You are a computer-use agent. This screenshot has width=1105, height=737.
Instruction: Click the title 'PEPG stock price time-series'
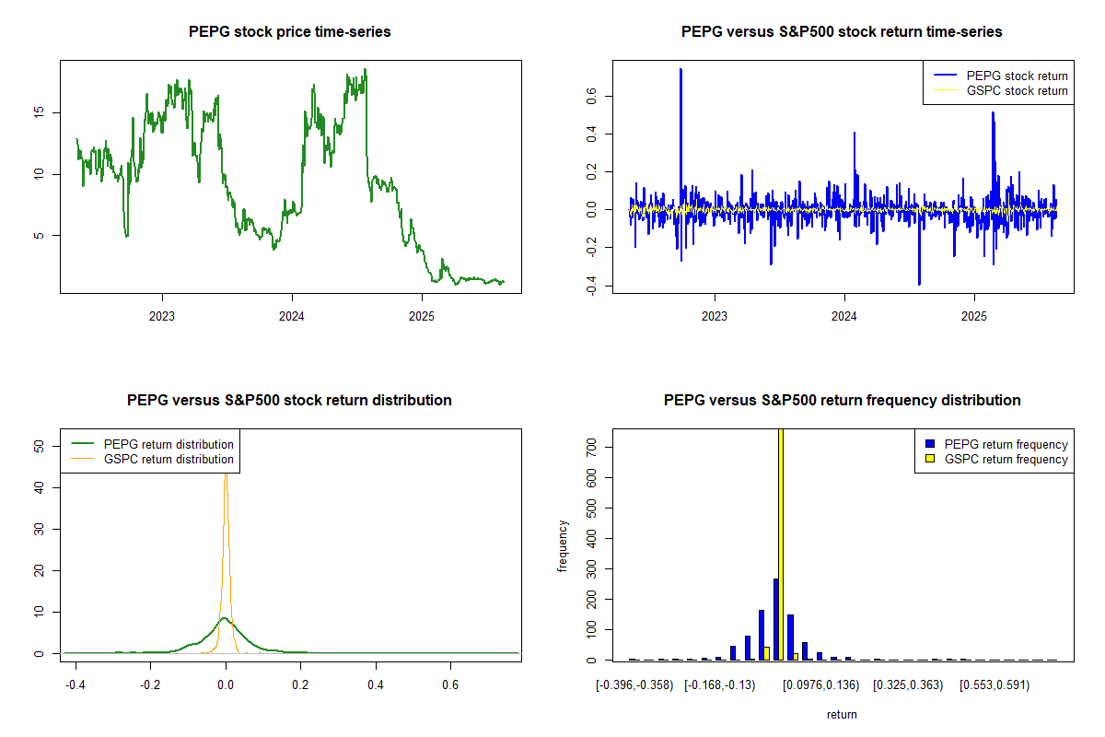click(290, 32)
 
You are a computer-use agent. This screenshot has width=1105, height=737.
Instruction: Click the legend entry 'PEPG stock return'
click(1017, 76)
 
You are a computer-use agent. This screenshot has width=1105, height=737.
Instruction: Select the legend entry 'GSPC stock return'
click(1017, 91)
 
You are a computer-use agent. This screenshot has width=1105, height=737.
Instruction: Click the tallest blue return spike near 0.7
click(680, 70)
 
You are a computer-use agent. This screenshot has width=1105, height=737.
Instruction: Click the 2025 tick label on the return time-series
click(974, 315)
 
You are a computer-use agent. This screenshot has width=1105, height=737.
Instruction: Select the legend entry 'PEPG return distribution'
click(169, 444)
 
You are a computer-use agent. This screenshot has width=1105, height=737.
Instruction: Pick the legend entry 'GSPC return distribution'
click(169, 459)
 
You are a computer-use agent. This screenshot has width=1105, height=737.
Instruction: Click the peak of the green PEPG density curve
click(224, 618)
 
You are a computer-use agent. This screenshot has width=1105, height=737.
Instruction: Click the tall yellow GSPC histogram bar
click(781, 544)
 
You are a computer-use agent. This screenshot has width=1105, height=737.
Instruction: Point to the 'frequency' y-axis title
click(564, 545)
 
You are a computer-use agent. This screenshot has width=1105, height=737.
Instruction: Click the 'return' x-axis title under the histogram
click(842, 714)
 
